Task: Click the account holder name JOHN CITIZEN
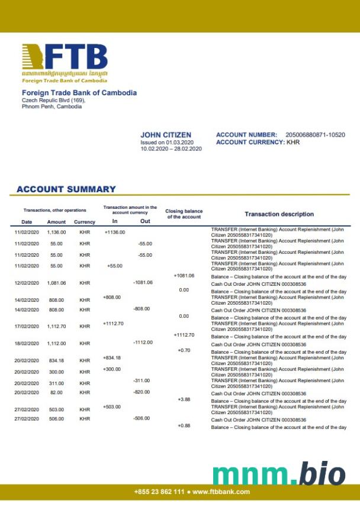166,135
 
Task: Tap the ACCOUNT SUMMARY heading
66,189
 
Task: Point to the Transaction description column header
279,214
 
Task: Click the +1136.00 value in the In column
114,232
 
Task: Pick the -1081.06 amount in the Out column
143,282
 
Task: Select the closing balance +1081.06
184,276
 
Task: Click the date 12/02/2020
27,283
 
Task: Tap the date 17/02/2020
27,327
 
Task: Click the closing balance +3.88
184,399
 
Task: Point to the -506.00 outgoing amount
142,418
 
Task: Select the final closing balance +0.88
184,426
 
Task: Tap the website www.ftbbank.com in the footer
221,492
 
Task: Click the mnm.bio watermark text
278,473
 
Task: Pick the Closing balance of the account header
184,214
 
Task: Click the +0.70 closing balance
184,350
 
